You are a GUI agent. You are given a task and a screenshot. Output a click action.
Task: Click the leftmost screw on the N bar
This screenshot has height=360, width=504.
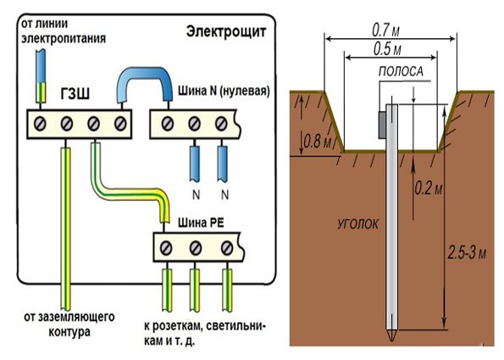point(166,123)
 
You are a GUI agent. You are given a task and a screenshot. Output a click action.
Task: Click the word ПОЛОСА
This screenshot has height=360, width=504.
point(402,73)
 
